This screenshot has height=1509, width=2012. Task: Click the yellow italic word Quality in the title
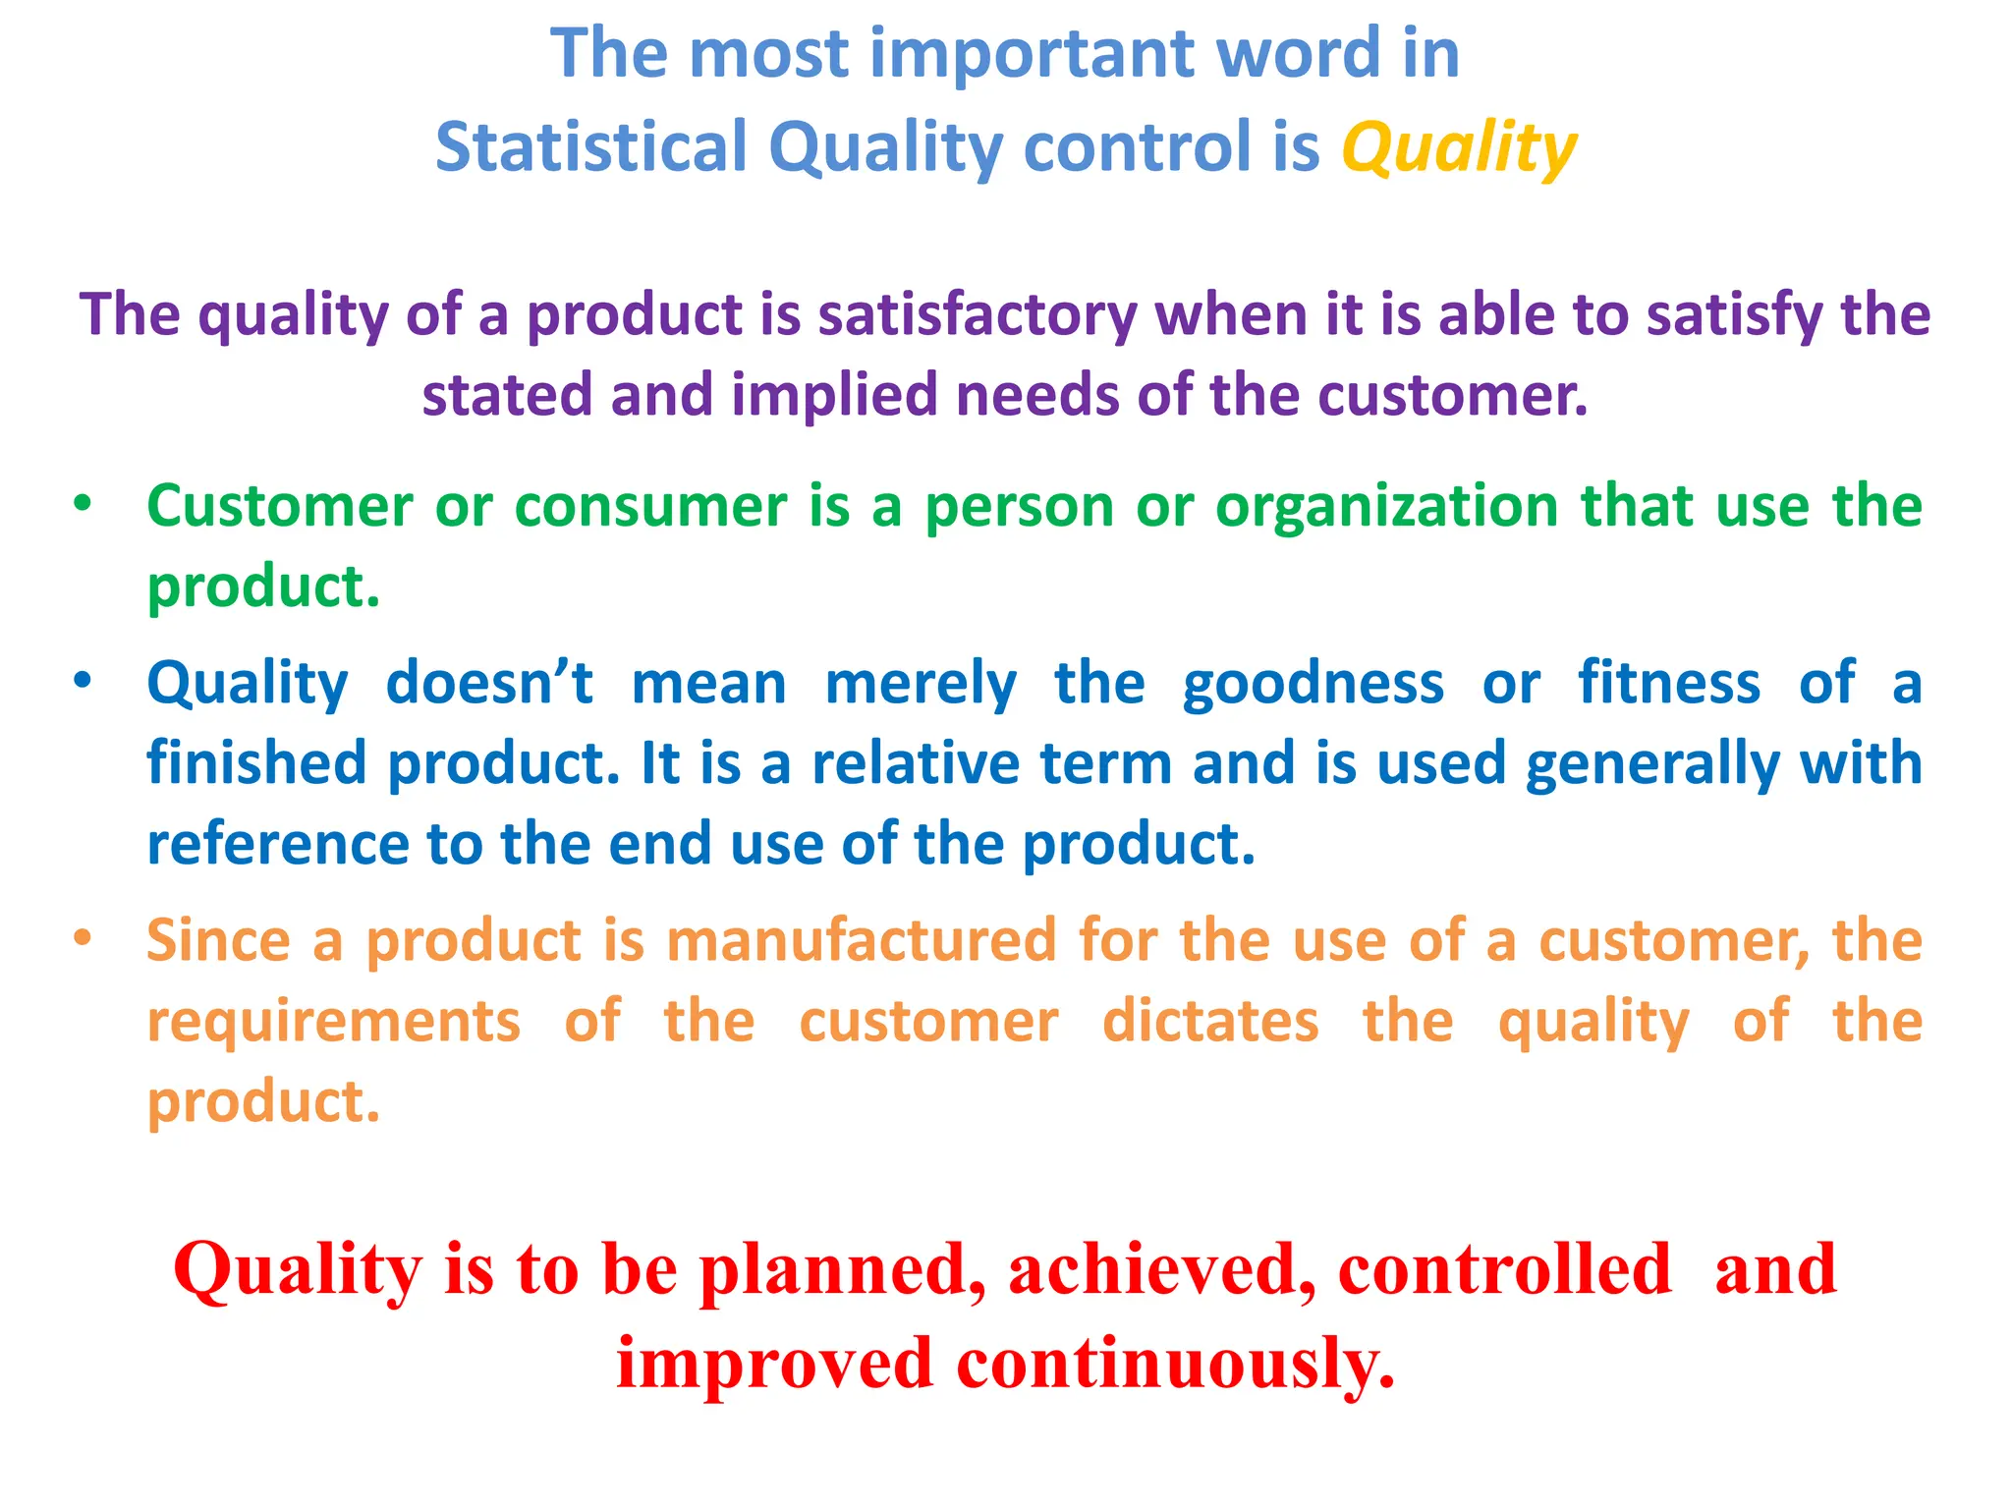click(x=1459, y=149)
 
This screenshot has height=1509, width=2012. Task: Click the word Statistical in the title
click(x=591, y=147)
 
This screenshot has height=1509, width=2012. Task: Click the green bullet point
click(x=83, y=505)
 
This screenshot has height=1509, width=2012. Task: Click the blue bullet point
click(x=83, y=681)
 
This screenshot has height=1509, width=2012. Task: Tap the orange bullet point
click(x=83, y=938)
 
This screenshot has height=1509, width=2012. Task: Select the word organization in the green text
click(x=1386, y=507)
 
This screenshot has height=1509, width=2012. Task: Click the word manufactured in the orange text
click(x=861, y=940)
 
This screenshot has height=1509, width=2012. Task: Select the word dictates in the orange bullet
click(x=1210, y=1021)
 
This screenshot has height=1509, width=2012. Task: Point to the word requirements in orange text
click(x=334, y=1021)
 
